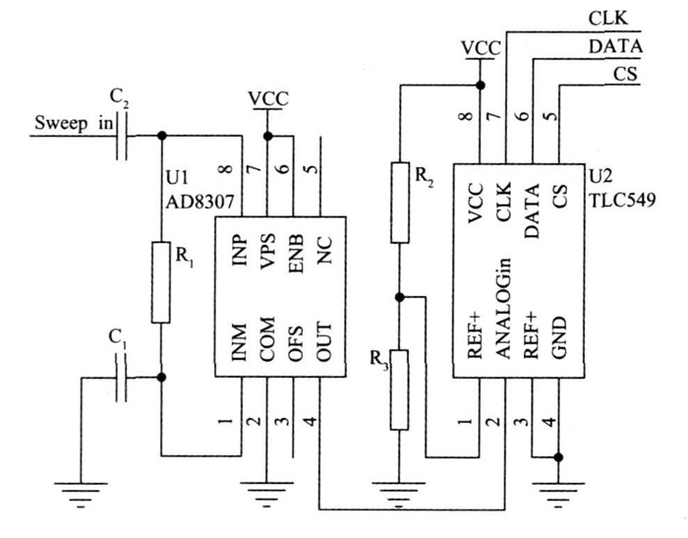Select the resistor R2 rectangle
tap(398, 202)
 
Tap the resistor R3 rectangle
tap(398, 388)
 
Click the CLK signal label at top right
tap(608, 18)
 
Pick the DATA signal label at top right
tap(615, 45)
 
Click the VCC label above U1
tap(266, 99)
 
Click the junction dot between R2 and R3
tap(398, 296)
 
